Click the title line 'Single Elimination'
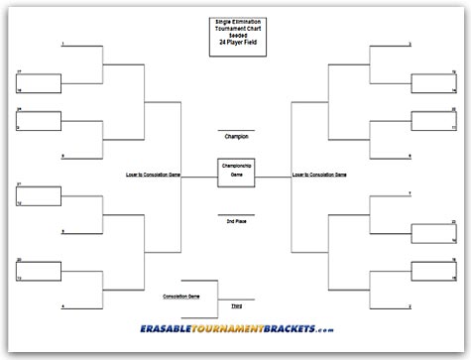(236, 19)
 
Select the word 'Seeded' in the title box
(236, 32)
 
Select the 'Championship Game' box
(236, 171)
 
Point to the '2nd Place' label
(236, 220)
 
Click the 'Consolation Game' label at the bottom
(181, 296)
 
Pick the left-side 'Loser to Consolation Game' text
(153, 174)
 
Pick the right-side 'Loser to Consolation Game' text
(319, 174)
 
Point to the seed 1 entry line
(79, 47)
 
